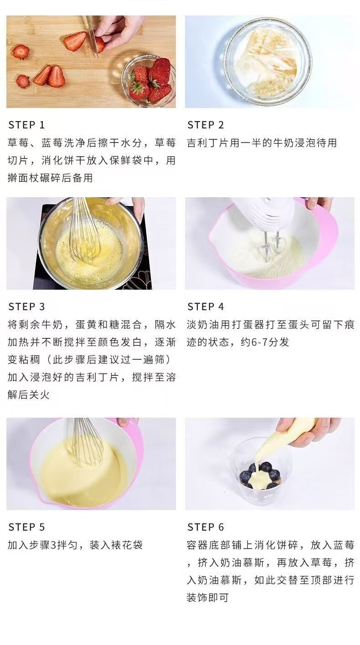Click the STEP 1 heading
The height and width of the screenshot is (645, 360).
point(26,125)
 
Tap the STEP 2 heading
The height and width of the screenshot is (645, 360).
point(206,125)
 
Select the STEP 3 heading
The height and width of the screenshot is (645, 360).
point(26,307)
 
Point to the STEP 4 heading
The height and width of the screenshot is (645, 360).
point(206,307)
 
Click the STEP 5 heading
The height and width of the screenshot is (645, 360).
point(26,527)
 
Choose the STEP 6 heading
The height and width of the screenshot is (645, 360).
point(206,527)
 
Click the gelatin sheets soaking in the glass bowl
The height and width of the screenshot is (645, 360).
point(266,61)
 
